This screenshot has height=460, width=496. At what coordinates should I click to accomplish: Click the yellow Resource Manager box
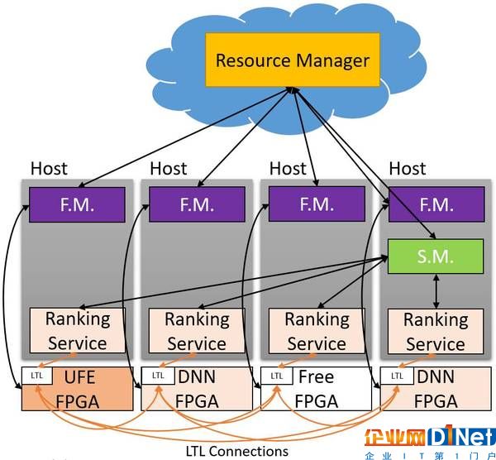(293, 60)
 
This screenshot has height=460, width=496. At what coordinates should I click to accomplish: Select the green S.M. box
(436, 256)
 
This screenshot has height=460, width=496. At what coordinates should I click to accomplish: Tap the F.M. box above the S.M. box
(436, 204)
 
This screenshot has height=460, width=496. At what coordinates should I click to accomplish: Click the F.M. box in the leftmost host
(77, 204)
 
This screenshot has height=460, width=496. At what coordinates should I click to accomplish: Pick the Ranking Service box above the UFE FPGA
(78, 330)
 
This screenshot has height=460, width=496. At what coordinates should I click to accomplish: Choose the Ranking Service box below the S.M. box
(436, 331)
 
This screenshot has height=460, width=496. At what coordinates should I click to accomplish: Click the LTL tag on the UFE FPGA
(37, 376)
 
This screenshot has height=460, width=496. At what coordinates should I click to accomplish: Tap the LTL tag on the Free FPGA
(277, 376)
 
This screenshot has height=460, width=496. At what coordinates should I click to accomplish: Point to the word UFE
(79, 377)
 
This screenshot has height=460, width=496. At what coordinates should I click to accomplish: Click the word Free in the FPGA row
(317, 376)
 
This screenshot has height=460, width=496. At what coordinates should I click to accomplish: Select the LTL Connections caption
(237, 451)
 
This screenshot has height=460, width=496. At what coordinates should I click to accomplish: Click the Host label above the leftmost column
(49, 169)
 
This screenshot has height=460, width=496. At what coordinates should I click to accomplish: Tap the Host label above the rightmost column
(408, 169)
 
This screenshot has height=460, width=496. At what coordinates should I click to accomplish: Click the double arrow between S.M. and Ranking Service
(436, 291)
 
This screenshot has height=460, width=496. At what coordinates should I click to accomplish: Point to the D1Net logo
(430, 442)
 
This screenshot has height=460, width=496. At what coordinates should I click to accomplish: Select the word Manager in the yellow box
(333, 60)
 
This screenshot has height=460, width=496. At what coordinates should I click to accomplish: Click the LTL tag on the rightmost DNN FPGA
(397, 376)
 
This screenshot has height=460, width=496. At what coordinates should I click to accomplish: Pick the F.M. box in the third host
(317, 204)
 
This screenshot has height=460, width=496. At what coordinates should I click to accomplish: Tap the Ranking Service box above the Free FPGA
(317, 331)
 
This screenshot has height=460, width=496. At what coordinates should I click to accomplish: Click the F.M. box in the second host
(197, 204)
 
